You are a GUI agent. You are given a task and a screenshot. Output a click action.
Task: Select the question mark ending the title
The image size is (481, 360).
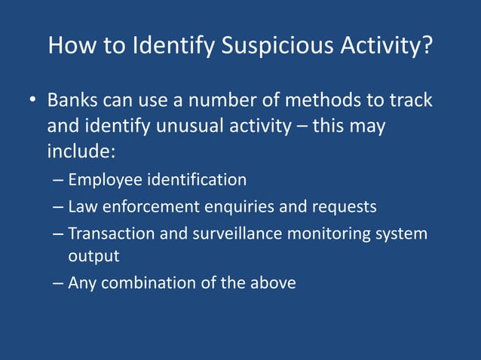coord(427,47)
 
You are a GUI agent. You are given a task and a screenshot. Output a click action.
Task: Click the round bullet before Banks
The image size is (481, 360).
coord(32,101)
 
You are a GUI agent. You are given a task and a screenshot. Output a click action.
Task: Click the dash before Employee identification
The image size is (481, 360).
coord(59,181)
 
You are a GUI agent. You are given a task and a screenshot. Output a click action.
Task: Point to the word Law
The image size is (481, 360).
coord(81,206)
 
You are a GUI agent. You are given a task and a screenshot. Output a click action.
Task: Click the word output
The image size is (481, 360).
coord(93,256)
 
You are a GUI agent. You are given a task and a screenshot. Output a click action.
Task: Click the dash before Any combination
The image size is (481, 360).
coord(59,284)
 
